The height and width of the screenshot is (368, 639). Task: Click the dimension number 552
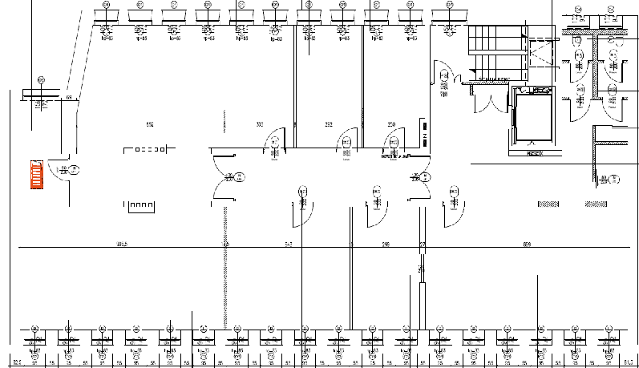click(x=150, y=125)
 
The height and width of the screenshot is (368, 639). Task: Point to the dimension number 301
click(x=259, y=125)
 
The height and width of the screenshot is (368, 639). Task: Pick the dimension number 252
click(x=329, y=125)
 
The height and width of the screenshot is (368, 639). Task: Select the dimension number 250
click(x=391, y=125)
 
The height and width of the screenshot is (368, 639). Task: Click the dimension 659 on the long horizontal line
click(x=527, y=243)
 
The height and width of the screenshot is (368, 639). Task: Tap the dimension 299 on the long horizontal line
click(x=386, y=243)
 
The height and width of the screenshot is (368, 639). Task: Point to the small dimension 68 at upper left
click(x=69, y=98)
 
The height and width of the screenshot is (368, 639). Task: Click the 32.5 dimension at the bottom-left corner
click(x=13, y=362)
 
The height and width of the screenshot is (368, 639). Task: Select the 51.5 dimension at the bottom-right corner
click(x=626, y=362)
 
